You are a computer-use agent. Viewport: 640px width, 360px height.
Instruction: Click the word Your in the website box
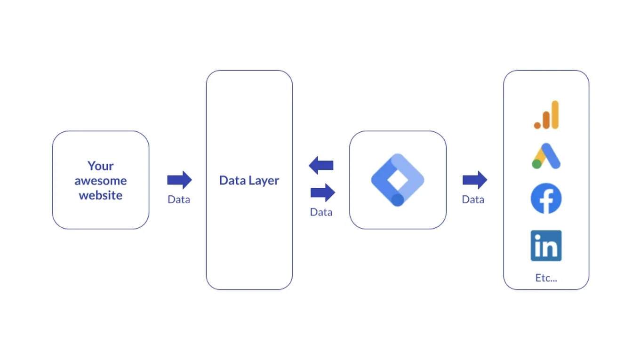100,166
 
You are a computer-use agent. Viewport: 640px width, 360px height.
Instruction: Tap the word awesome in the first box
100,181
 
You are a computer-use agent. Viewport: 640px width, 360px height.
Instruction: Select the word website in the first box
100,195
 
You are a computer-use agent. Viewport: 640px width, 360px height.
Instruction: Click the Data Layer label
249,180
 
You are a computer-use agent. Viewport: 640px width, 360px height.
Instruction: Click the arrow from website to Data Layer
179,180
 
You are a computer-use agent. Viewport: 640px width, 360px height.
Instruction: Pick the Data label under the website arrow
179,200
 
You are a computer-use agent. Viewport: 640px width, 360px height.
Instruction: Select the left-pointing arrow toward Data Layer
321,165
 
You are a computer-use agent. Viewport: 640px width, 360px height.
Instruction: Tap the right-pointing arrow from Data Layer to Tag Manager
323,192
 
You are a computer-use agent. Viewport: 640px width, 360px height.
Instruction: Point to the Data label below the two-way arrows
321,212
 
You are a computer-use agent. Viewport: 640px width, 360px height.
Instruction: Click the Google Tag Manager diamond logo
398,180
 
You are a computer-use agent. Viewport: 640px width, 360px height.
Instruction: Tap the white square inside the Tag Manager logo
398,179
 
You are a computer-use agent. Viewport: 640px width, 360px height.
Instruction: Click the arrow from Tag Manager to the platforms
474,180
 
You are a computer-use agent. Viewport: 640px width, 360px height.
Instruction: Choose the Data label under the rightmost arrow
473,200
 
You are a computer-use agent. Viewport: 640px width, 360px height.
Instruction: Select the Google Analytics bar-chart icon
546,115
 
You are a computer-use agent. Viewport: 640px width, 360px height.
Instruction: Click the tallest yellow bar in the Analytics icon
555,114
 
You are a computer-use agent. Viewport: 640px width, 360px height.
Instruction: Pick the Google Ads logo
546,156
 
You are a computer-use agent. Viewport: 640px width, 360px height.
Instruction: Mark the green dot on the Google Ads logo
536,164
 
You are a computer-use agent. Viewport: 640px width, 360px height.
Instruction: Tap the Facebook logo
546,199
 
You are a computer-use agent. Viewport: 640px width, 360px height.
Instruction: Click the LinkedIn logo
546,245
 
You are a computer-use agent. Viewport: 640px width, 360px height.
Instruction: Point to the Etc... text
546,278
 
